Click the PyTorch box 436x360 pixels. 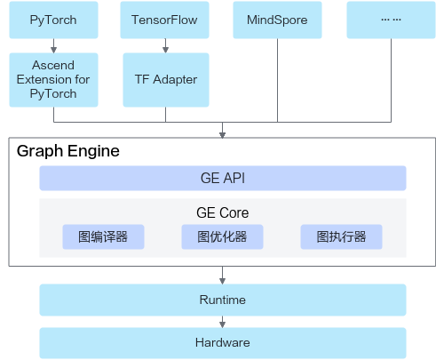pos(53,20)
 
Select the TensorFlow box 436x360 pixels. pos(164,20)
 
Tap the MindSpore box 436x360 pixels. pos(276,20)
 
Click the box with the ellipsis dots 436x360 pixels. pos(390,20)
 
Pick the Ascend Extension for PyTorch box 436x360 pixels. pos(53,80)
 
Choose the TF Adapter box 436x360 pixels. pos(164,80)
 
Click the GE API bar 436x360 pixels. pos(222,179)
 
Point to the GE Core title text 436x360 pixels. pos(222,213)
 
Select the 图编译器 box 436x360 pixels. pos(103,237)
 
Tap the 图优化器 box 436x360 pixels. pos(222,237)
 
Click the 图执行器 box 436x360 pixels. pos(341,237)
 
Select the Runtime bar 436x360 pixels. pos(222,300)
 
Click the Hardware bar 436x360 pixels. pos(222,342)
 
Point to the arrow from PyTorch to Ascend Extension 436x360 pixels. pos(53,45)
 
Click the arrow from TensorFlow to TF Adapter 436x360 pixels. pos(164,45)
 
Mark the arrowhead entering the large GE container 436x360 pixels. pos(222,134)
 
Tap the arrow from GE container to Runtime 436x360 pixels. pos(222,276)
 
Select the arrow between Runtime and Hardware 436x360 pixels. pos(222,322)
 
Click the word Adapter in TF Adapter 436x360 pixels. pos(175,80)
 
